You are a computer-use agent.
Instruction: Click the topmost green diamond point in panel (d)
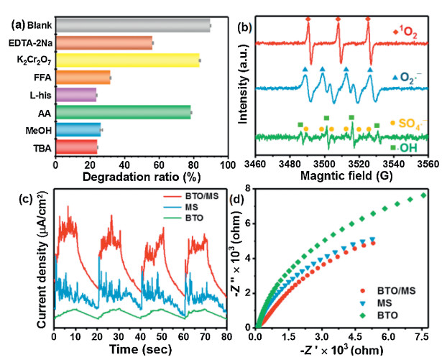coord(423,195)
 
